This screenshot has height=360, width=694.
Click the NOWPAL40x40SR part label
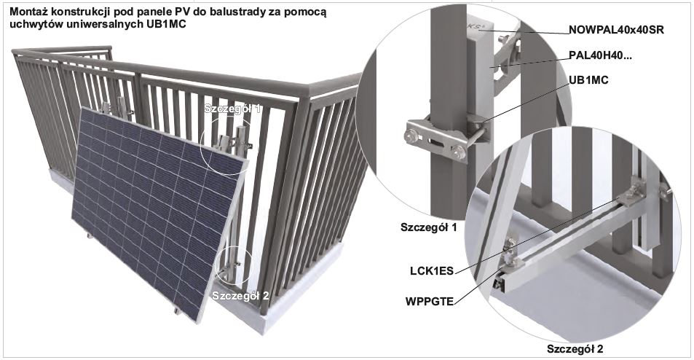coord(616,30)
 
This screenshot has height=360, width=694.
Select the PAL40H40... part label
coord(600,56)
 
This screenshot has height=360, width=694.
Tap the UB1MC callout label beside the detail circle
coord(588,80)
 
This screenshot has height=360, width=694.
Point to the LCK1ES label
coord(432,271)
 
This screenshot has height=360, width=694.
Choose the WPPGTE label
coord(430,302)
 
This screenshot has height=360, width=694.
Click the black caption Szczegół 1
coord(428,227)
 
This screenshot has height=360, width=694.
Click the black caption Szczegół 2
coord(575,349)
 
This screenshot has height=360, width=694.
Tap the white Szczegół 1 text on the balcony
coord(232,109)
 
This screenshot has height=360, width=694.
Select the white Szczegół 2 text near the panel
coord(240,296)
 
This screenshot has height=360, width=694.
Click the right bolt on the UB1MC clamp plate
coord(460,153)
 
